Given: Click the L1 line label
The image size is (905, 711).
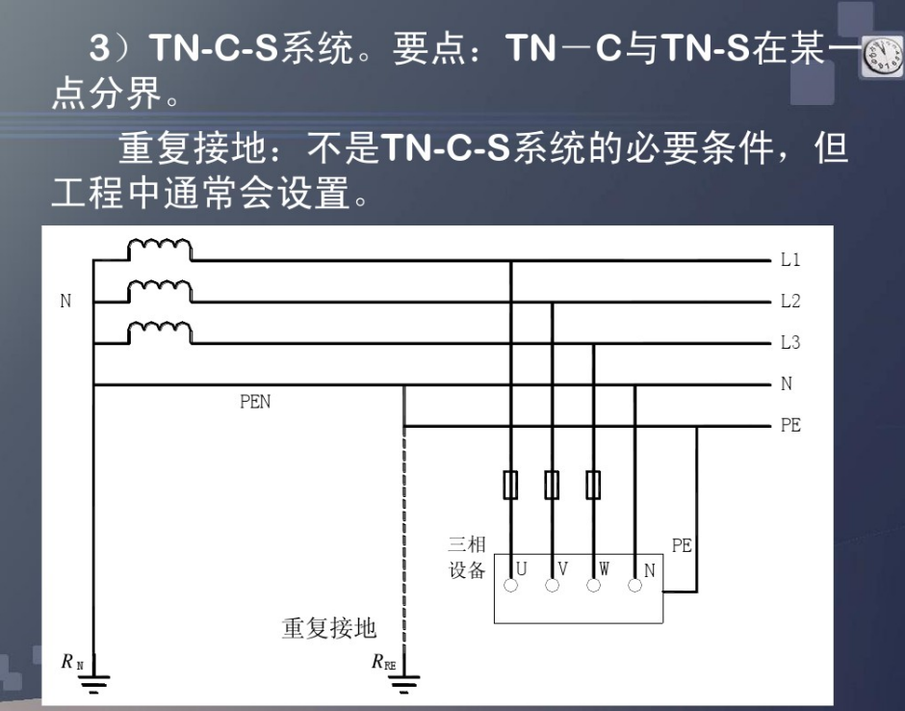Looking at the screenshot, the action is click(790, 260).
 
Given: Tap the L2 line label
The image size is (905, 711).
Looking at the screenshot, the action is click(790, 301).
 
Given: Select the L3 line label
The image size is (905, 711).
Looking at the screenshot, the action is click(790, 343).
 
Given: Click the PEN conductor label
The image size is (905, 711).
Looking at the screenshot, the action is click(254, 402).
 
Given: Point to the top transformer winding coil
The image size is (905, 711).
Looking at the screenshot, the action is click(160, 250).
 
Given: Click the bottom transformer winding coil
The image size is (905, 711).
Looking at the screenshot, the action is click(160, 332).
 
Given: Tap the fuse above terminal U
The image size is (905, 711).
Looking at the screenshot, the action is click(511, 485).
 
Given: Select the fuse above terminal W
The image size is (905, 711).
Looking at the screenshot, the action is click(593, 485).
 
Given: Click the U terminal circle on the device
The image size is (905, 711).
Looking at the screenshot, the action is click(511, 586).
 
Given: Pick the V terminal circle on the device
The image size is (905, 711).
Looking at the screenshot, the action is click(553, 586).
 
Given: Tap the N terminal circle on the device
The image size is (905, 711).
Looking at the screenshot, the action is click(634, 586).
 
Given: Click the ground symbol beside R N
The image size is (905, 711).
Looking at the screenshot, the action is click(93, 681).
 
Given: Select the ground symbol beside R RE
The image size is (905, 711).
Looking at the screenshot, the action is click(404, 681).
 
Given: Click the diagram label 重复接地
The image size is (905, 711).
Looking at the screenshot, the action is click(329, 628).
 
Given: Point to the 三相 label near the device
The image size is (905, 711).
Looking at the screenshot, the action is click(467, 544).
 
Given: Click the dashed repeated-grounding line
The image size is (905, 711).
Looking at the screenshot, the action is click(404, 543).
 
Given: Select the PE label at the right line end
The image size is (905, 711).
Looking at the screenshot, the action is click(790, 425).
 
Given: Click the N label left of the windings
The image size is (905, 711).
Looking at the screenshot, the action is click(65, 301).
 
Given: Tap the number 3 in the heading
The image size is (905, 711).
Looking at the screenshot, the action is click(99, 47).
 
